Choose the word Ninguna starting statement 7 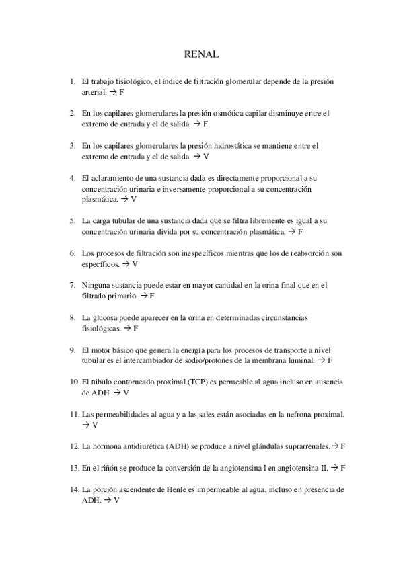pyautogui.click(x=96, y=285)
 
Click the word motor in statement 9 pyautogui.click(x=104, y=350)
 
